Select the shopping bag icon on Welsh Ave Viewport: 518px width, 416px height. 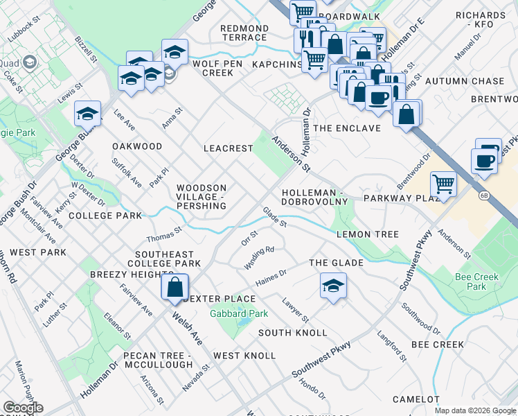[x=176, y=287]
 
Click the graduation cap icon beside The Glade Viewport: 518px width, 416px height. [x=333, y=286]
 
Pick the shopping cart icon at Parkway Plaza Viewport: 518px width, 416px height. [x=443, y=185]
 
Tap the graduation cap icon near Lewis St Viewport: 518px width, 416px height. [x=88, y=113]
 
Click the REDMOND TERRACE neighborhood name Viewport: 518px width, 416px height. [x=244, y=33]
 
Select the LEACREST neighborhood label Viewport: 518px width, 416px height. [x=227, y=148]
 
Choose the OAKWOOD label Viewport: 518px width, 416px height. [x=137, y=146]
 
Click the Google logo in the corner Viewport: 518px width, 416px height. [x=23, y=408]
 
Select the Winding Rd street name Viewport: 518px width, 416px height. [x=260, y=258]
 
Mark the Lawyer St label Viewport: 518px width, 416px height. [x=296, y=309]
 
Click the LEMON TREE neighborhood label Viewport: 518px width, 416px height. [x=368, y=234]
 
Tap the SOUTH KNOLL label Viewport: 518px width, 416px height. [x=292, y=333]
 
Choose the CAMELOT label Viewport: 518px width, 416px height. [x=416, y=399]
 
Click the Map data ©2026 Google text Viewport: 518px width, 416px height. [x=474, y=410]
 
